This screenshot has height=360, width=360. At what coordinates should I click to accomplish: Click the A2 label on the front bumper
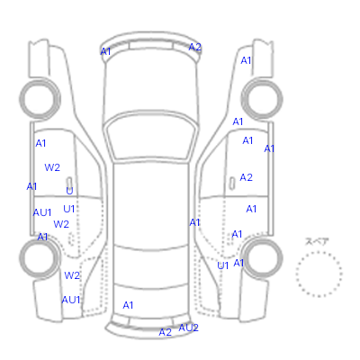coord(194,47)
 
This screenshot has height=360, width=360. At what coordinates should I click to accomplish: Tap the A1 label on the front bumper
coord(105,51)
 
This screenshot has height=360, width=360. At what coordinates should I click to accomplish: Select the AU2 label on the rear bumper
coord(188,328)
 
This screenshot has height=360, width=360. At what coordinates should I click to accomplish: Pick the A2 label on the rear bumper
coord(165,332)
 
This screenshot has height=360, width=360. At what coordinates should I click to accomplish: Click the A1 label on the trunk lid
coord(128,305)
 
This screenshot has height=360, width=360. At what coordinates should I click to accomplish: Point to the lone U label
coord(69,191)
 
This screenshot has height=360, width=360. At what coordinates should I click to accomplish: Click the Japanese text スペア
coord(317,241)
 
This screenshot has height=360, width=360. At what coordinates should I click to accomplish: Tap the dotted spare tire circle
coord(319,252)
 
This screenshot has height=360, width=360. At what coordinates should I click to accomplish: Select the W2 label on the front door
coord(52,167)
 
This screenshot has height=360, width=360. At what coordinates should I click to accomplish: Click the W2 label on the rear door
coord(61,224)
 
